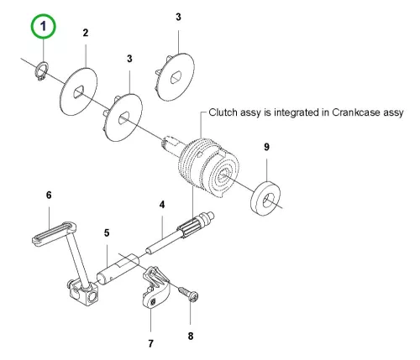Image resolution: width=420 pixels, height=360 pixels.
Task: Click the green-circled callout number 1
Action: [x=43, y=26]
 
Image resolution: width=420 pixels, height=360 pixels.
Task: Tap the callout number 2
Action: [x=86, y=33]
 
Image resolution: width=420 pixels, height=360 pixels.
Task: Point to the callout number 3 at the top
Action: [x=178, y=17]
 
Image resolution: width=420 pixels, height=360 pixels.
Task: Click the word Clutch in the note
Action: [x=221, y=112]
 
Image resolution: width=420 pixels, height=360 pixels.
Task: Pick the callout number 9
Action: [x=266, y=147]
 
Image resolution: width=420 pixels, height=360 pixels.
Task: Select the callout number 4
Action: [x=162, y=205]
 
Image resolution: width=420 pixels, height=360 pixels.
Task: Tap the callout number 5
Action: [x=107, y=232]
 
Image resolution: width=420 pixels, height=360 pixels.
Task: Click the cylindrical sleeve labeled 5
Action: [x=118, y=270]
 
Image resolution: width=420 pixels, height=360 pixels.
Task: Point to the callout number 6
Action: [x=49, y=195]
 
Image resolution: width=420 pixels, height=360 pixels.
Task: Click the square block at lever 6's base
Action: [x=84, y=294]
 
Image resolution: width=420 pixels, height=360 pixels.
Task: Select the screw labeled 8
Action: [x=189, y=294]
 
